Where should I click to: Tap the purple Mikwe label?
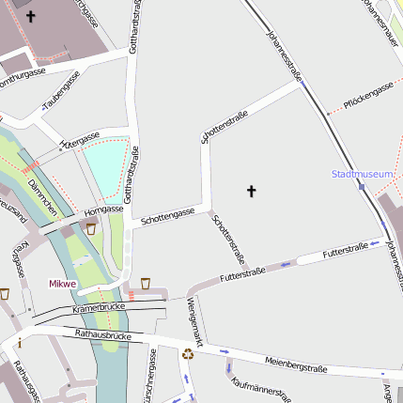pyautogui.click(x=63, y=283)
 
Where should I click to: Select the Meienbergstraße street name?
pyautogui.click(x=296, y=364)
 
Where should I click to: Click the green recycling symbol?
pyautogui.click(x=188, y=354)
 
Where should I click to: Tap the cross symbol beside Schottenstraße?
pyautogui.click(x=251, y=192)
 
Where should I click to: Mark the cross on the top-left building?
pyautogui.click(x=30, y=16)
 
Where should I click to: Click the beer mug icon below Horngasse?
pyautogui.click(x=90, y=228)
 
